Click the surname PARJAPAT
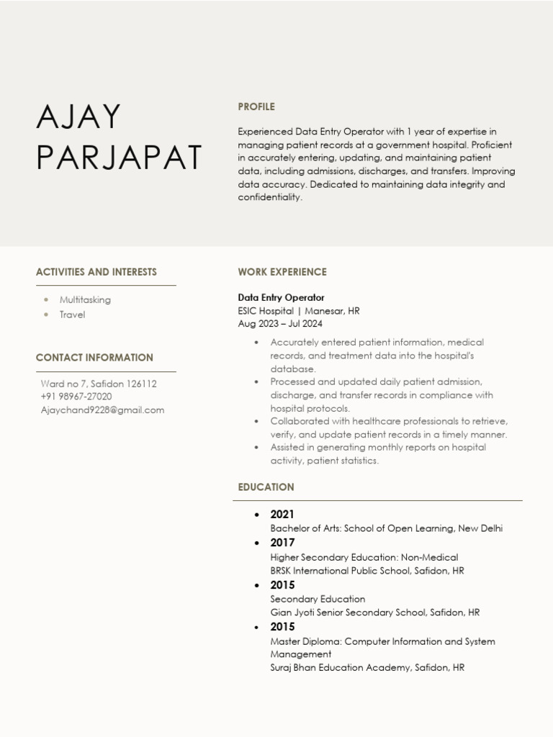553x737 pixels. click(x=120, y=158)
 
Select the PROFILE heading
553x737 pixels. click(x=256, y=107)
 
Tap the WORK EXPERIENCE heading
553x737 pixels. click(x=282, y=272)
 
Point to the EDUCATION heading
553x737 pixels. click(x=266, y=487)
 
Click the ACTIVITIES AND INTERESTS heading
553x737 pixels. click(x=96, y=272)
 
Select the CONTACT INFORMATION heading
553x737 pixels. click(x=94, y=358)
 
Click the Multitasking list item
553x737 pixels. click(x=85, y=299)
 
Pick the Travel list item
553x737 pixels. click(x=72, y=315)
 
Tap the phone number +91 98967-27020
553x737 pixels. click(x=76, y=397)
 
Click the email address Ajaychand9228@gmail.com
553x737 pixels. click(x=102, y=410)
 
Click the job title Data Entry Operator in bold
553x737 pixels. click(x=281, y=297)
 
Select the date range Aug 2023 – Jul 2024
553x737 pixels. click(x=280, y=324)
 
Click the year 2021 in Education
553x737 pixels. click(x=282, y=515)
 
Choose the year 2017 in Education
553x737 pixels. click(x=282, y=543)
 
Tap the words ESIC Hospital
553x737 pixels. click(x=266, y=311)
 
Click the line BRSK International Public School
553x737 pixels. click(x=367, y=571)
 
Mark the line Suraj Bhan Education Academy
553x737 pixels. click(x=367, y=668)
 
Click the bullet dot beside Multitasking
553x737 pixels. click(x=47, y=299)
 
